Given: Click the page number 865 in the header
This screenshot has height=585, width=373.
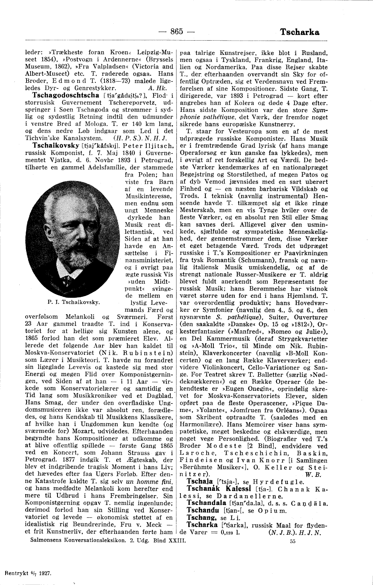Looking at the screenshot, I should coord(177,32).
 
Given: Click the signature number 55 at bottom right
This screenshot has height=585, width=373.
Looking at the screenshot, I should coord(293,542).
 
